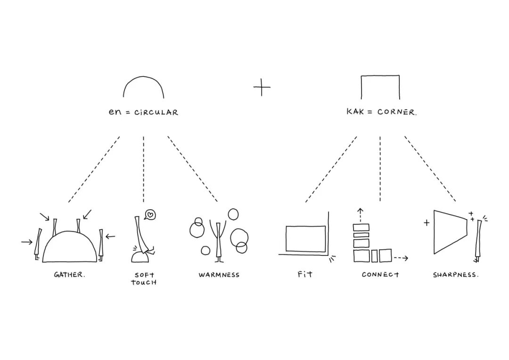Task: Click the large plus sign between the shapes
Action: pos(262,88)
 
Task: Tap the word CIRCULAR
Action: pos(156,113)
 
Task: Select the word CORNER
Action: pos(397,113)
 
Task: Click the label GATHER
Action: pos(69,275)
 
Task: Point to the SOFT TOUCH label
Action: pos(144,278)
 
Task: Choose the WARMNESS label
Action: pos(219,275)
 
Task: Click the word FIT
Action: pos(305,274)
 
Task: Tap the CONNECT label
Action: pos(380,274)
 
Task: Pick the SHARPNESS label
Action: pos(455,275)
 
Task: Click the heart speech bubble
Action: pos(150,215)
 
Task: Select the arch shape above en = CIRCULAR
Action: pos(144,88)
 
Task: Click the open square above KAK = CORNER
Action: pos(380,87)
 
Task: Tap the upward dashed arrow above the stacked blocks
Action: pos(361,215)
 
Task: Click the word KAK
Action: pos(356,112)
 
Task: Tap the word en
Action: pos(115,113)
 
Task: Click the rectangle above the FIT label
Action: pos(305,239)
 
